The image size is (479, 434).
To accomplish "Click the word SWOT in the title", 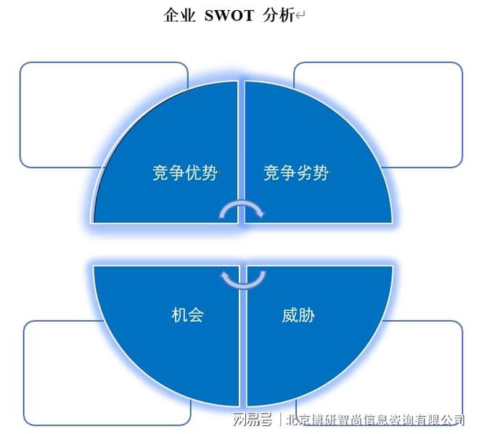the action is click(x=229, y=15).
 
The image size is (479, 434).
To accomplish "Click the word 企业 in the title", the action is click(x=179, y=15).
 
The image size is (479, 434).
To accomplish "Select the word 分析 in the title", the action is click(x=279, y=15).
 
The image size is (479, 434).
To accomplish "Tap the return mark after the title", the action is click(x=300, y=16).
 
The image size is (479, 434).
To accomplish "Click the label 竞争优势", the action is click(x=185, y=173).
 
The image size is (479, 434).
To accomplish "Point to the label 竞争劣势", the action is click(x=296, y=173).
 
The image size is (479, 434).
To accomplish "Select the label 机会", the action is click(x=187, y=314).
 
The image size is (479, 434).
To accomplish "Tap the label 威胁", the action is click(x=298, y=314).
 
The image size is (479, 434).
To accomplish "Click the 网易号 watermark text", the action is click(x=253, y=419).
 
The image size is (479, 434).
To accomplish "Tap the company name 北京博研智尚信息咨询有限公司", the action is click(x=375, y=419).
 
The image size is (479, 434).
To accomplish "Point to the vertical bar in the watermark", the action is click(x=279, y=419).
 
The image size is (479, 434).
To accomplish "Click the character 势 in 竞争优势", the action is click(x=210, y=173).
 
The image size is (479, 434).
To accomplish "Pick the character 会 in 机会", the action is click(x=196, y=314).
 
